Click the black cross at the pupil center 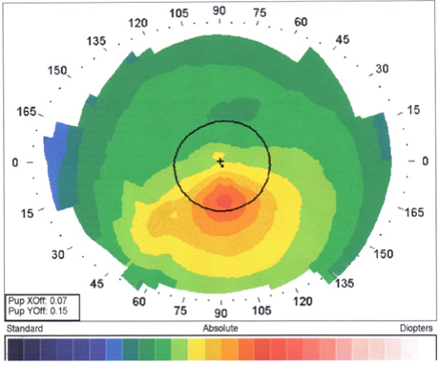tap(220, 162)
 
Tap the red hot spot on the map tap(223, 201)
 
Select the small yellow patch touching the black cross tap(219, 156)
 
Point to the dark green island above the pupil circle tap(235, 108)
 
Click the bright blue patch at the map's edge tap(56, 165)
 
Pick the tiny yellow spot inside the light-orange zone tap(174, 215)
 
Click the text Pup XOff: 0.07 tap(37, 300)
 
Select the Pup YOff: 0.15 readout tap(38, 311)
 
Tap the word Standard tap(25, 329)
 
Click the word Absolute tap(220, 329)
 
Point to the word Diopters tap(416, 329)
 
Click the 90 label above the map tap(219, 11)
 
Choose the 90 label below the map tap(220, 313)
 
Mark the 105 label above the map tap(178, 13)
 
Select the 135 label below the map tap(345, 283)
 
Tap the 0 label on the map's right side tap(425, 161)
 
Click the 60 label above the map tap(301, 22)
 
